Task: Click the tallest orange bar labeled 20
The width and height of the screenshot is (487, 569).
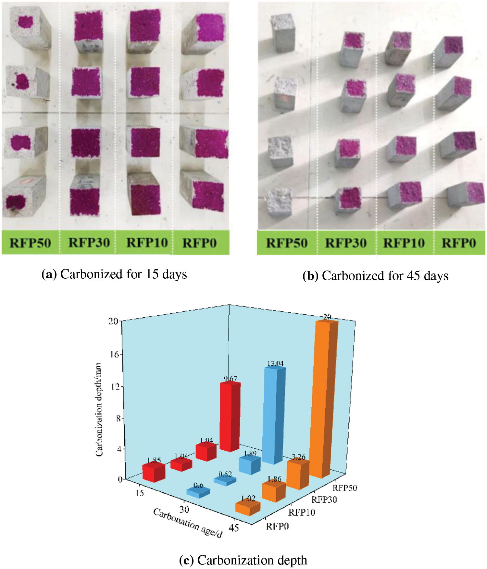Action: tap(323, 399)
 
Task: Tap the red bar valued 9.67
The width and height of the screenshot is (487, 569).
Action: tap(230, 417)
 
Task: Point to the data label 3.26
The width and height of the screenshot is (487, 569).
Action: tap(298, 457)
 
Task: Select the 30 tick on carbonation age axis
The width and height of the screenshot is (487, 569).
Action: tap(184, 509)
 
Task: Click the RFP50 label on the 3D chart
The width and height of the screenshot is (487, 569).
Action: tap(344, 488)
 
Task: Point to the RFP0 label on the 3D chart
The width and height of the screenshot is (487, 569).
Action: tap(277, 526)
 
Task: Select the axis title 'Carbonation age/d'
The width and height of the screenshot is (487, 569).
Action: tap(188, 523)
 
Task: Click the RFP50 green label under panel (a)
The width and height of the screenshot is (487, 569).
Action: tap(30, 243)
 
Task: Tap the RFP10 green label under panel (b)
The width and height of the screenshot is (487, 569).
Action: tap(404, 243)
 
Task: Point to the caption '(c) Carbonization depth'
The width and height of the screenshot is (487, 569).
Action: tap(243, 560)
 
